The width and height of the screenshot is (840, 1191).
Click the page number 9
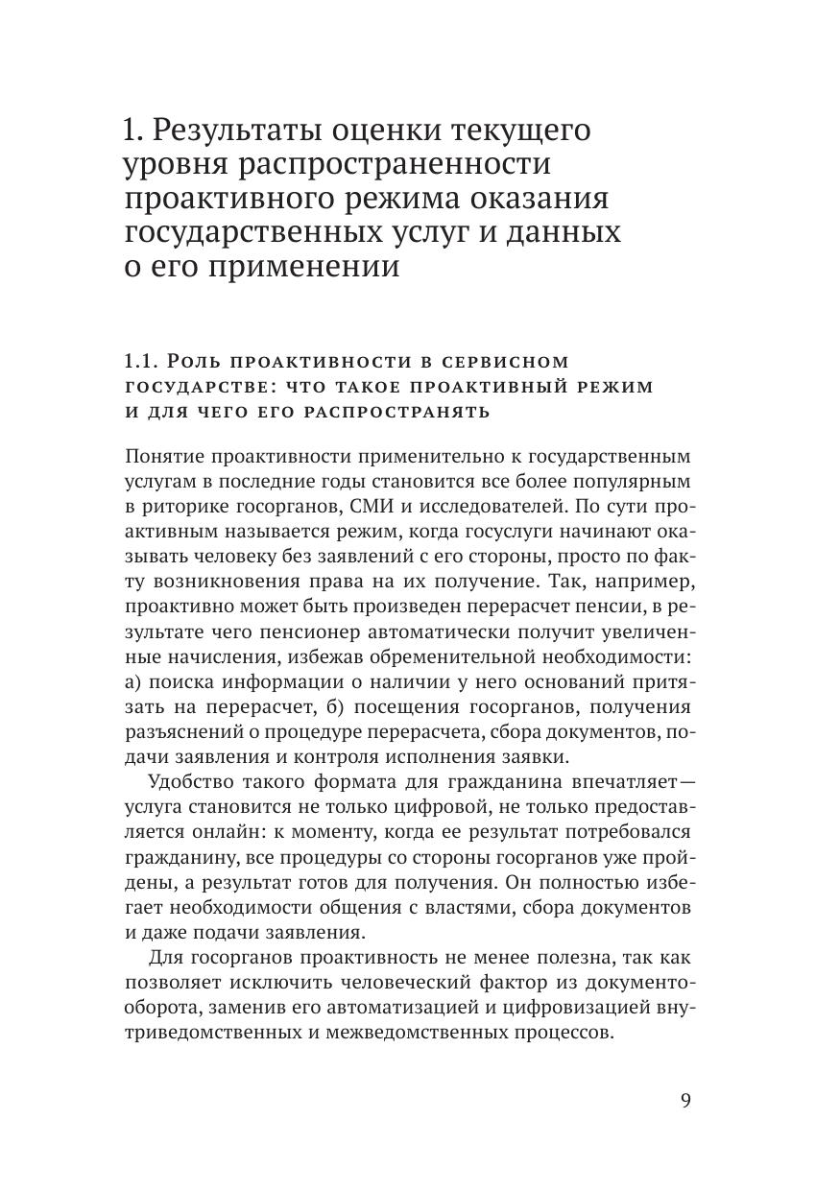tap(684, 1100)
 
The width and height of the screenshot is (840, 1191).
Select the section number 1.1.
tap(140, 361)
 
